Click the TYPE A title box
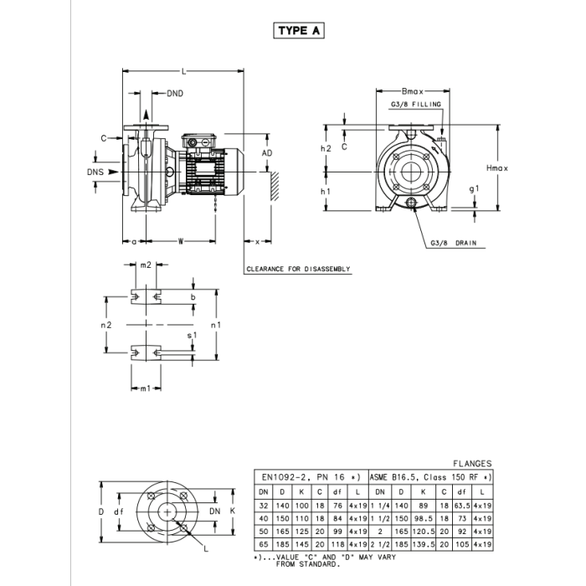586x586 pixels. pos(299,31)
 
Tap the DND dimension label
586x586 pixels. pos(175,94)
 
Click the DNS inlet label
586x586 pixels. pos(95,172)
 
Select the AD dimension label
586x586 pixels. pos(267,153)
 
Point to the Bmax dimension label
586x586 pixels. pos(413,91)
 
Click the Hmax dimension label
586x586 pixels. pos(497,168)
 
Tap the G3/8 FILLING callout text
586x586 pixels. pos(416,105)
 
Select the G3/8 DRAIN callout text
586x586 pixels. pos(454,243)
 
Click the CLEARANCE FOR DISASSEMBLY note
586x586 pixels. pos(298,269)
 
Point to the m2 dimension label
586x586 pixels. pos(146,265)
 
